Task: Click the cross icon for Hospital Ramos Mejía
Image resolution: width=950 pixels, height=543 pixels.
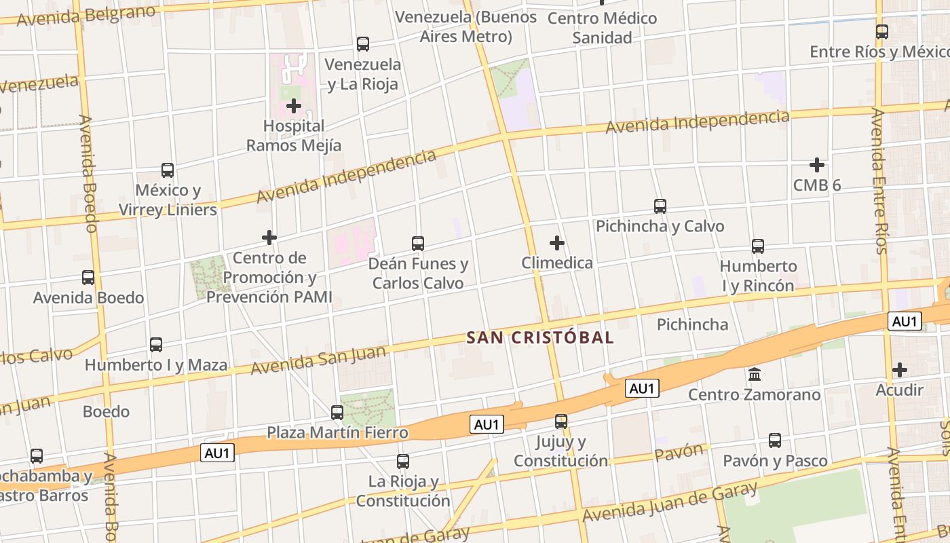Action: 294,106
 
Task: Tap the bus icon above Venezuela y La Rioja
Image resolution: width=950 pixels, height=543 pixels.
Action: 363,44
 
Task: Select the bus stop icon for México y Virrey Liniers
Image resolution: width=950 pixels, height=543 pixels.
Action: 168,170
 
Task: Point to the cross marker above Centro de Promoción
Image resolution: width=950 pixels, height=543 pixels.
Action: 269,238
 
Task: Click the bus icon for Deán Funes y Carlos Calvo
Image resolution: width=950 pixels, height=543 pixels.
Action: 418,244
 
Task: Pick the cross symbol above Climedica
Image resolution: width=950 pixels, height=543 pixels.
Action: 557,243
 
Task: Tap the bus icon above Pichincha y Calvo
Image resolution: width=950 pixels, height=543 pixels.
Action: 660,206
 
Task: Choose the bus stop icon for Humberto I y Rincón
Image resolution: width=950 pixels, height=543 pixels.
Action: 758,246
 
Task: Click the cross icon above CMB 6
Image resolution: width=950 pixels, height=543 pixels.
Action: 817,165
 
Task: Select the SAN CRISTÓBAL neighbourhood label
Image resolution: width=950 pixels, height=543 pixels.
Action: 540,337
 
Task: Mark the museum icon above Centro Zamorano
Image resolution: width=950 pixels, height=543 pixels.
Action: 755,375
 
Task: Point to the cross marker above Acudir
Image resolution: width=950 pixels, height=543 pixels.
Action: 900,370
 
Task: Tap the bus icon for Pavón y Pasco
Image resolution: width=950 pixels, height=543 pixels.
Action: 775,441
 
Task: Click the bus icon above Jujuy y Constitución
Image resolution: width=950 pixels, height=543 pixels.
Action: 561,422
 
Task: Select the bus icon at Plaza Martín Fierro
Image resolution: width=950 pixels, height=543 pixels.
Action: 337,412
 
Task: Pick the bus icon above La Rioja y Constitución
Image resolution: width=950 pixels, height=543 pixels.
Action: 403,462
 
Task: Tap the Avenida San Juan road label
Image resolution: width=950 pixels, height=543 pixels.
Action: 318,360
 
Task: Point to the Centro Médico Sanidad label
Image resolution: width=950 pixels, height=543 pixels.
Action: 602,28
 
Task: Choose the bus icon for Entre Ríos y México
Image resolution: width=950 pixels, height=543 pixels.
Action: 882,32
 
